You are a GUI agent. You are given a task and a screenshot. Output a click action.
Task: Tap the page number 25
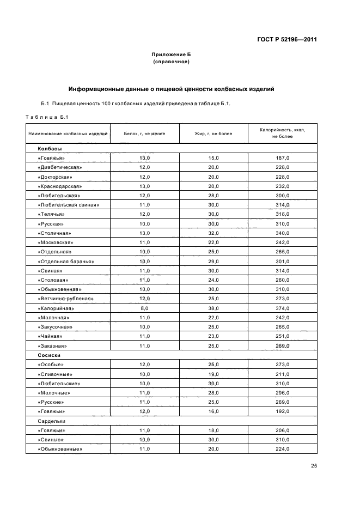(x=314, y=465)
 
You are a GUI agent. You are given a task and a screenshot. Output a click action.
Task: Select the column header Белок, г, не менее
(x=144, y=133)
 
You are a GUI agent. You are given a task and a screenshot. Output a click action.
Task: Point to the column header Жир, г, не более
(x=213, y=133)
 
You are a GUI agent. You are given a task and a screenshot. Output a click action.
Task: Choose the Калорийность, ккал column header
(x=283, y=133)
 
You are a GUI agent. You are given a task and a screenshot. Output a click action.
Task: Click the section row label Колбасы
(x=50, y=148)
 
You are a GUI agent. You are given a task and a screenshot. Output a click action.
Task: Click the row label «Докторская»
(x=55, y=177)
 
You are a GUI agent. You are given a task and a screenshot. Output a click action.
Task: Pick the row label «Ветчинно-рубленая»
(x=66, y=299)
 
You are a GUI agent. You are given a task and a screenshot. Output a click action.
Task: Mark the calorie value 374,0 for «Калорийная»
(x=283, y=308)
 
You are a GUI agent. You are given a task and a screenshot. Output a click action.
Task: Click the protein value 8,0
(x=144, y=308)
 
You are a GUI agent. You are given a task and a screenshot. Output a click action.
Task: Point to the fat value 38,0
(x=213, y=308)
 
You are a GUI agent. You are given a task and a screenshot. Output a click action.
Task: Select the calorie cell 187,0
(x=283, y=158)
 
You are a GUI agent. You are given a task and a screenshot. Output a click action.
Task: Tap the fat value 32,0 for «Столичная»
(x=213, y=233)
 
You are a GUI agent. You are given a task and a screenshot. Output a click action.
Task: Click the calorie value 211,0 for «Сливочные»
(x=283, y=374)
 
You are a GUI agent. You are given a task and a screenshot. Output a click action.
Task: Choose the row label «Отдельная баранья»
(x=66, y=261)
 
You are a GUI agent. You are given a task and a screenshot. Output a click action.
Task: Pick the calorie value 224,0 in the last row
(x=283, y=449)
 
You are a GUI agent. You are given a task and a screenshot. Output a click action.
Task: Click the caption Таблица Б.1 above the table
(x=46, y=116)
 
